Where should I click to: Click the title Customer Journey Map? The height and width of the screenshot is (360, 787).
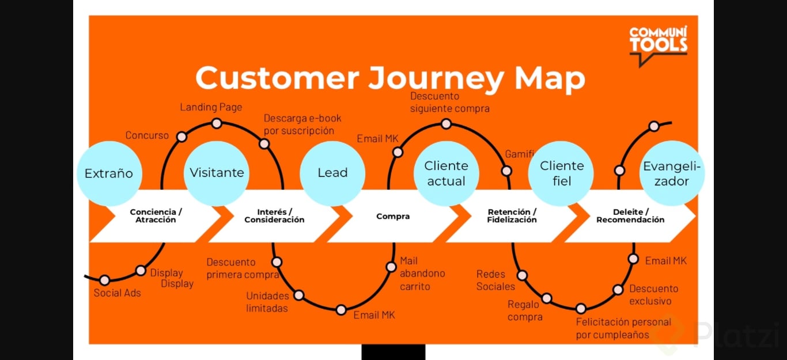[x=390, y=78]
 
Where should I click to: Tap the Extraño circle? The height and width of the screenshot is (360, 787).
[x=109, y=173]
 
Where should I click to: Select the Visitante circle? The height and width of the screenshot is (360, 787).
[x=217, y=173]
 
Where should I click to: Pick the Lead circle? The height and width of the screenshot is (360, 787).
[x=332, y=173]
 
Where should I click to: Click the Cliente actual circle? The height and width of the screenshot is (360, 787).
[x=446, y=173]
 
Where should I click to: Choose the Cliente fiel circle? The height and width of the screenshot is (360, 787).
[x=562, y=173]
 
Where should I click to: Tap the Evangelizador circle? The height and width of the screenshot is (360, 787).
[x=672, y=173]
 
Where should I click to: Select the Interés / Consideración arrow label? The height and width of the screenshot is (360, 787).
[x=274, y=216]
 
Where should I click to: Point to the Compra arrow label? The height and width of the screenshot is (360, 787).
[x=393, y=217]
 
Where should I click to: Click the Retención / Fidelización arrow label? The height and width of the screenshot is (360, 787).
[x=512, y=216]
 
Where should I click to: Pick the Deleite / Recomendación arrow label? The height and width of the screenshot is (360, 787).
[x=630, y=216]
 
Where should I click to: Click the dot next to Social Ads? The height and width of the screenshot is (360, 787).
[x=104, y=281]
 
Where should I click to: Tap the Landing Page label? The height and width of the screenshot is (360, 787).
[x=211, y=107]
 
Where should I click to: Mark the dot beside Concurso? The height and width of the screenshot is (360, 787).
[x=181, y=137]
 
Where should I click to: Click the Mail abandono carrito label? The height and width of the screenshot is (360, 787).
[x=422, y=274]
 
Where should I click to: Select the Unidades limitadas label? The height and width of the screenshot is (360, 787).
[x=267, y=302]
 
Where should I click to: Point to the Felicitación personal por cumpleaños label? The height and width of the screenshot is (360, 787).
[x=623, y=328]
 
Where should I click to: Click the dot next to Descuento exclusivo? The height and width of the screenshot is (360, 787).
[x=618, y=290]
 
